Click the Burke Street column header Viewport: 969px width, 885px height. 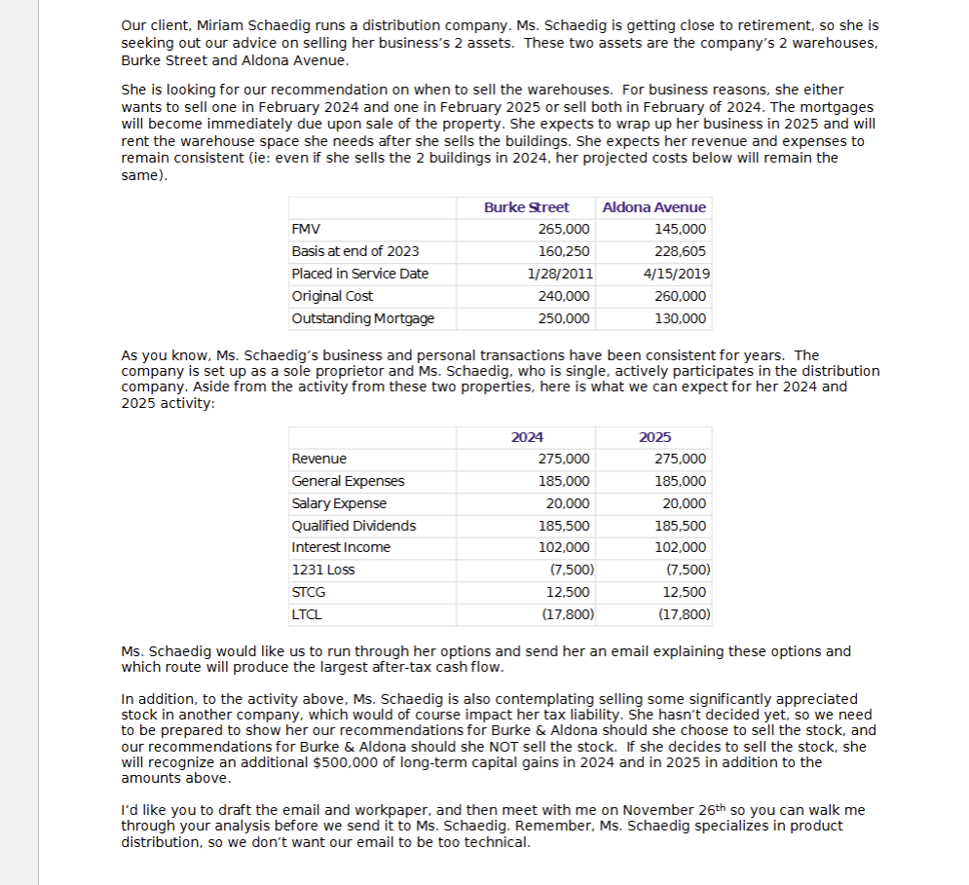(526, 207)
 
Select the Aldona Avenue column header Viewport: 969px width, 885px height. (654, 207)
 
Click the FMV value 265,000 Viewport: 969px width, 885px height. (563, 230)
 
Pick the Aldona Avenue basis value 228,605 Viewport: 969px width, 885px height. (682, 251)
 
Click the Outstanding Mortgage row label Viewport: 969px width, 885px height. (362, 318)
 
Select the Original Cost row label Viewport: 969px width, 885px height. (332, 296)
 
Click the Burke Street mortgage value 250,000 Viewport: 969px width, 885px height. (563, 318)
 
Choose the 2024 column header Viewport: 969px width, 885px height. (527, 437)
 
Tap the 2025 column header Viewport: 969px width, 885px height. (654, 437)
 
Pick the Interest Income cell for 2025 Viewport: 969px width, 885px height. (682, 547)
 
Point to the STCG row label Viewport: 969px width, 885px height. (309, 592)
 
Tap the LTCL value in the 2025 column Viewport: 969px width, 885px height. (684, 614)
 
